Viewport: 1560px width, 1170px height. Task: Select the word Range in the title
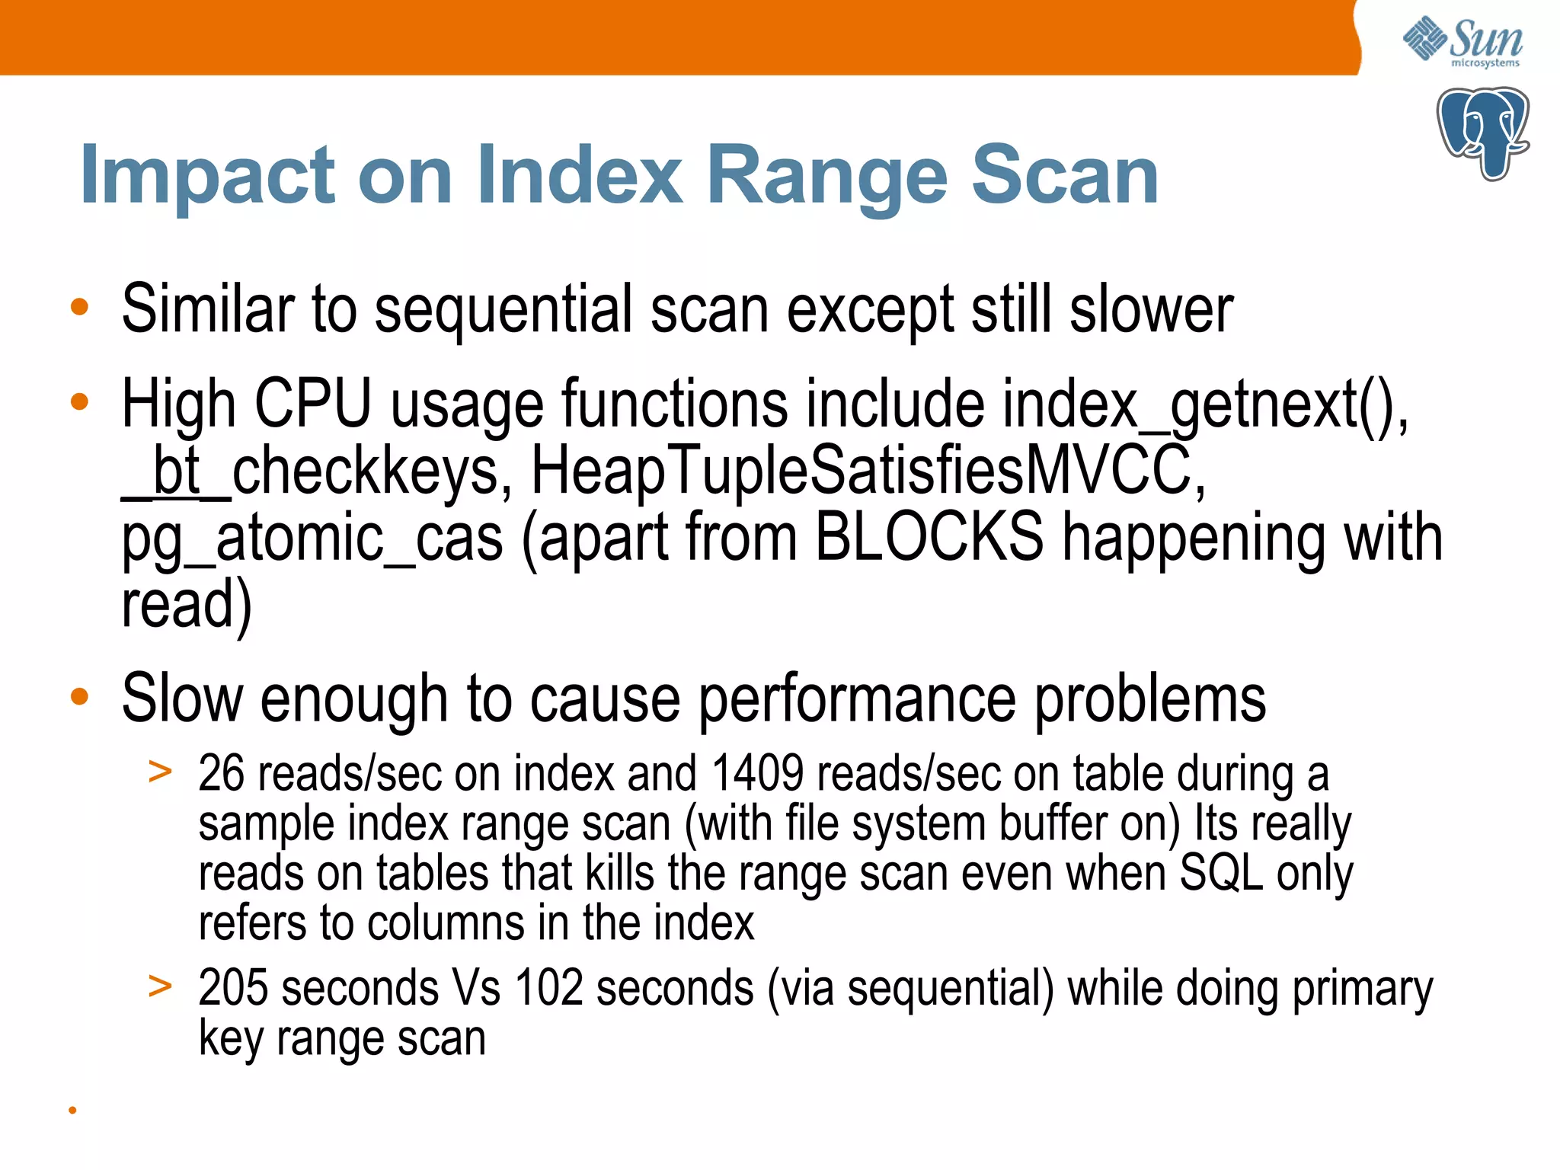click(826, 177)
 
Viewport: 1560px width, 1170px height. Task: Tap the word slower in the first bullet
click(1151, 309)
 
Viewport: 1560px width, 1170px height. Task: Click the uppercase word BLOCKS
click(929, 538)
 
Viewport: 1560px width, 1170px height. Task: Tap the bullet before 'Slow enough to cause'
click(79, 696)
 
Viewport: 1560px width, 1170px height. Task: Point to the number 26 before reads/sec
click(221, 774)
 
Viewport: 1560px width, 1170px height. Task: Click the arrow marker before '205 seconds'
click(160, 986)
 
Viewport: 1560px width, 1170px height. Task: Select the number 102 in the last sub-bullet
click(548, 989)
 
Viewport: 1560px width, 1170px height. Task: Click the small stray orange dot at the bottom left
click(73, 1111)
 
